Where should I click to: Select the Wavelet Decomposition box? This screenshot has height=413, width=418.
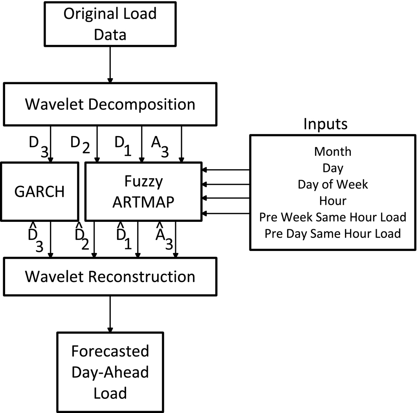(110, 104)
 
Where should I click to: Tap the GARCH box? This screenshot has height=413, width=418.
(39, 192)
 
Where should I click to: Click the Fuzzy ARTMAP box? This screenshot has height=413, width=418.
(143, 192)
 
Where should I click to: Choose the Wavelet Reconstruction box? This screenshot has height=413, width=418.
(110, 277)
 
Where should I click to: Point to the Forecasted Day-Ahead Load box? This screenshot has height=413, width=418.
(110, 372)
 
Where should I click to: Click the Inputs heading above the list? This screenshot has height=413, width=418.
(325, 124)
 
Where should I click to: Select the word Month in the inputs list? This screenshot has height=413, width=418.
(333, 151)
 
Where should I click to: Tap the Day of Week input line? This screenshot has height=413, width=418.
(333, 184)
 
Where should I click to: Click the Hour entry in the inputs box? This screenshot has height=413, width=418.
(333, 201)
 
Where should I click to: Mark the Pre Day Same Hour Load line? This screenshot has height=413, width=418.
(333, 234)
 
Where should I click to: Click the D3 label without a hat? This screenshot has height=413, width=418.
(38, 146)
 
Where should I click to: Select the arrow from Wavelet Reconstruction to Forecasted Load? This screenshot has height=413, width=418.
(110, 313)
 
